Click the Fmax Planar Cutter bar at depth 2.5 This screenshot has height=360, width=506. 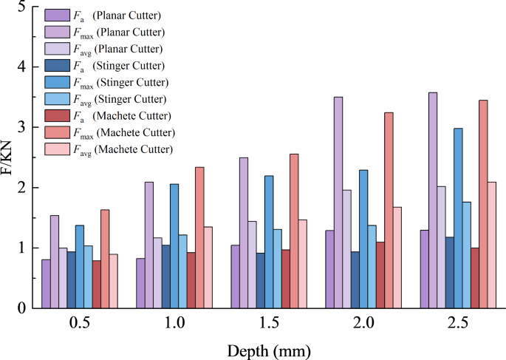[433, 200]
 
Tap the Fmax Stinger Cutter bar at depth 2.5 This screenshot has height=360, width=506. [459, 218]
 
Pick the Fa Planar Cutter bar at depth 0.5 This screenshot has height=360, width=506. [47, 283]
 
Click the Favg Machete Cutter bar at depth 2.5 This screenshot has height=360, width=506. [492, 245]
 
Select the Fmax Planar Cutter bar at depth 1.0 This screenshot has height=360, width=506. [149, 245]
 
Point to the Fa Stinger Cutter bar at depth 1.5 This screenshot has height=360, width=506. [261, 280]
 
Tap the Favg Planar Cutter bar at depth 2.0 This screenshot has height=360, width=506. [346, 248]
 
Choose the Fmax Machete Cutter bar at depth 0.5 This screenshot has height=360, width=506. [105, 259]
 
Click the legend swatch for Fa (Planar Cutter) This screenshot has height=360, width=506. [54, 16]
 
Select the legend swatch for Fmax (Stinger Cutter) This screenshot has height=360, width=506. [54, 82]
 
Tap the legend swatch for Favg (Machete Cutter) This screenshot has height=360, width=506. [54, 149]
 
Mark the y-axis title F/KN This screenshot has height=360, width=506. [8, 157]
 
